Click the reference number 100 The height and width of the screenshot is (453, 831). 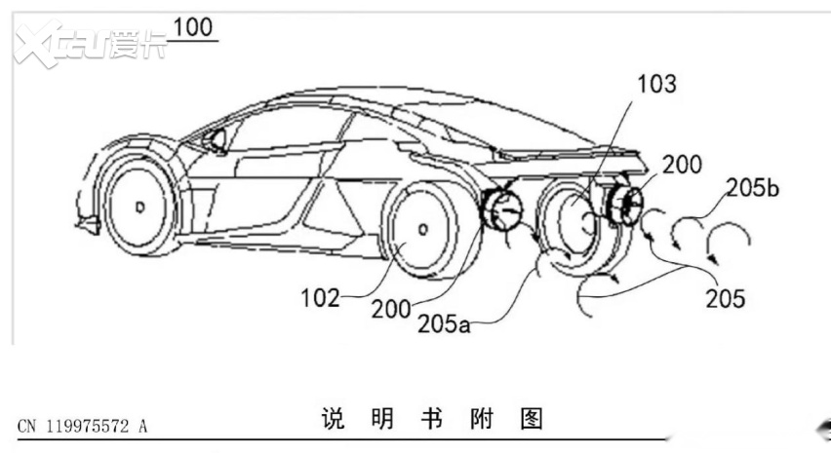click(192, 27)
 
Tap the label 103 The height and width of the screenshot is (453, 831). click(656, 84)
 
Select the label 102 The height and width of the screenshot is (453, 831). click(320, 298)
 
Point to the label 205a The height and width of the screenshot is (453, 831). click(444, 323)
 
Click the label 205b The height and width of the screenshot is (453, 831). click(753, 187)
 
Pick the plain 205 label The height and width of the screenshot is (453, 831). click(726, 298)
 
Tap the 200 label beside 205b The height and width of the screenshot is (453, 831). click(682, 165)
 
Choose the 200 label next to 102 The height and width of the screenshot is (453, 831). click(391, 309)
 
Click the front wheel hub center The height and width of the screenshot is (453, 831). click(140, 207)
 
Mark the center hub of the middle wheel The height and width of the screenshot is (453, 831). click(423, 229)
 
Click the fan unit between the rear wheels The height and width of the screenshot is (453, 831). click(500, 211)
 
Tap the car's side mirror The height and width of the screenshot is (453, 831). click(217, 140)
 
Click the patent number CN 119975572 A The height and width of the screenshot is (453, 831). click(82, 426)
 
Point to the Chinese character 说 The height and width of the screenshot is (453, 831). click(333, 419)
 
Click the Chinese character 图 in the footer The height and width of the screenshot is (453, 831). click(532, 419)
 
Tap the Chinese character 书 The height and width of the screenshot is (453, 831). click(432, 419)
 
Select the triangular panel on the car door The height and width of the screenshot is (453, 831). click(333, 211)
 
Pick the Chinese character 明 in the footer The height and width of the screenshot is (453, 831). click(382, 419)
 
